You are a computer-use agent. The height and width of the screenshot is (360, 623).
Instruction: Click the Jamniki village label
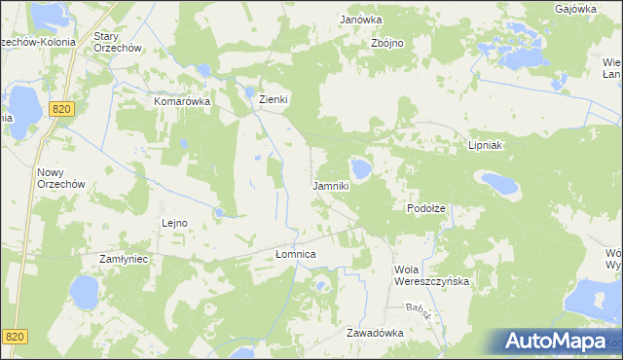tap(330, 185)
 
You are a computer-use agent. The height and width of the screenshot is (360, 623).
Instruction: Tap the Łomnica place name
tap(296, 254)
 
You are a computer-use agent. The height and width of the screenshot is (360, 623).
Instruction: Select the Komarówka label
tap(182, 100)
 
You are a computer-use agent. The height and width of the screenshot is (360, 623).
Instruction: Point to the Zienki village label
tap(275, 99)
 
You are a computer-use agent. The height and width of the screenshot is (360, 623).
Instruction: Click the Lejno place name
tap(173, 223)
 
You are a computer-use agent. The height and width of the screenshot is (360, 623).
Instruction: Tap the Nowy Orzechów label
tap(60, 178)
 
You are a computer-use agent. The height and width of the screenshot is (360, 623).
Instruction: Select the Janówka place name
tap(360, 19)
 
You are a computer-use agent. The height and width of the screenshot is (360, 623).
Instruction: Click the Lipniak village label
tap(484, 144)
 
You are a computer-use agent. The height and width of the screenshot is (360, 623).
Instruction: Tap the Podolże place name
tap(425, 209)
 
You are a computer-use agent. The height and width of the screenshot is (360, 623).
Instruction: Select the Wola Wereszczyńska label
tap(431, 275)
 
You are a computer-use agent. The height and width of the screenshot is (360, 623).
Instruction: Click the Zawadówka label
tap(375, 332)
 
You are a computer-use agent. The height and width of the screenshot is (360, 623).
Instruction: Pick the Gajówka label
tap(575, 9)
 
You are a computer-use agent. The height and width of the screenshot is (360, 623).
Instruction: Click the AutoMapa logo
tap(553, 341)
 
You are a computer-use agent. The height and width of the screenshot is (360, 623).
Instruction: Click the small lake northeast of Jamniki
tap(361, 169)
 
